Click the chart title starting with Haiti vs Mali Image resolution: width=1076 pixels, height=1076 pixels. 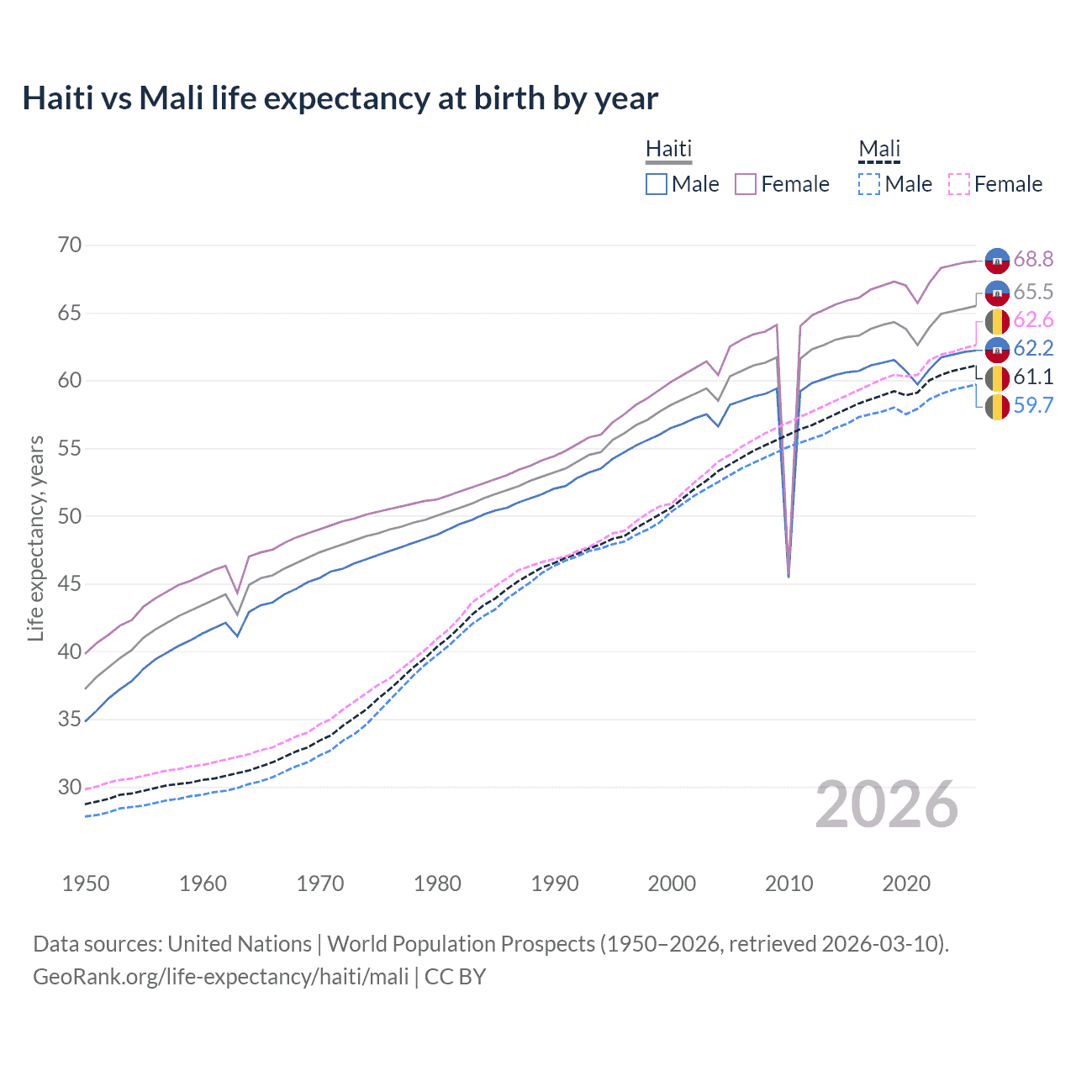[340, 98]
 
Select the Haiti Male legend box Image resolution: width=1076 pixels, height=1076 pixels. [657, 184]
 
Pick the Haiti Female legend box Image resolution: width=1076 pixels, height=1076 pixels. [746, 184]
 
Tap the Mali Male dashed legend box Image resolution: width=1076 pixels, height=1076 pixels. [869, 184]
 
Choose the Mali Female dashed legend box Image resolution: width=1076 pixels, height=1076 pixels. [958, 184]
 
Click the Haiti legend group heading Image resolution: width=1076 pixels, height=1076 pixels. [668, 149]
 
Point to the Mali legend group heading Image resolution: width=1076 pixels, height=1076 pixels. [879, 149]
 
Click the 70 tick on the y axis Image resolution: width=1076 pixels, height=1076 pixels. [70, 245]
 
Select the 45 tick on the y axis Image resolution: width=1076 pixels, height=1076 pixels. [70, 584]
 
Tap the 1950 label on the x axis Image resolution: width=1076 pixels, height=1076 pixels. [86, 883]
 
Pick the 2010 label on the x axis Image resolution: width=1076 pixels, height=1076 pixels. [789, 883]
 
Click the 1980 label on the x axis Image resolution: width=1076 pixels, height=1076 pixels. [437, 883]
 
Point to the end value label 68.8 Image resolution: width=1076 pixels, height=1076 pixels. [1033, 260]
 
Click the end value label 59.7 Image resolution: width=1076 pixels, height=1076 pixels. [1033, 405]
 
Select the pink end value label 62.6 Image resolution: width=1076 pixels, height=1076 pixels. [1033, 320]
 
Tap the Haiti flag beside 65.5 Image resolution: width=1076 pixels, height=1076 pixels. [997, 293]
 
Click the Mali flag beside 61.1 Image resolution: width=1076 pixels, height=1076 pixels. [997, 377]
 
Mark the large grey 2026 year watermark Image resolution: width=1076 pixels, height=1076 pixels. [887, 805]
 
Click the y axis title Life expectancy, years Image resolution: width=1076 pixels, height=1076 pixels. [35, 538]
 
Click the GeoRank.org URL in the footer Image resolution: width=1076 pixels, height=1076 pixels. [220, 977]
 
